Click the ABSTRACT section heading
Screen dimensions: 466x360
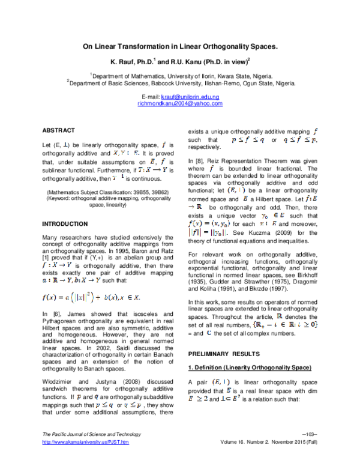tap(58, 130)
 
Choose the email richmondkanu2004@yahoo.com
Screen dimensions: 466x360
tap(179, 103)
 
